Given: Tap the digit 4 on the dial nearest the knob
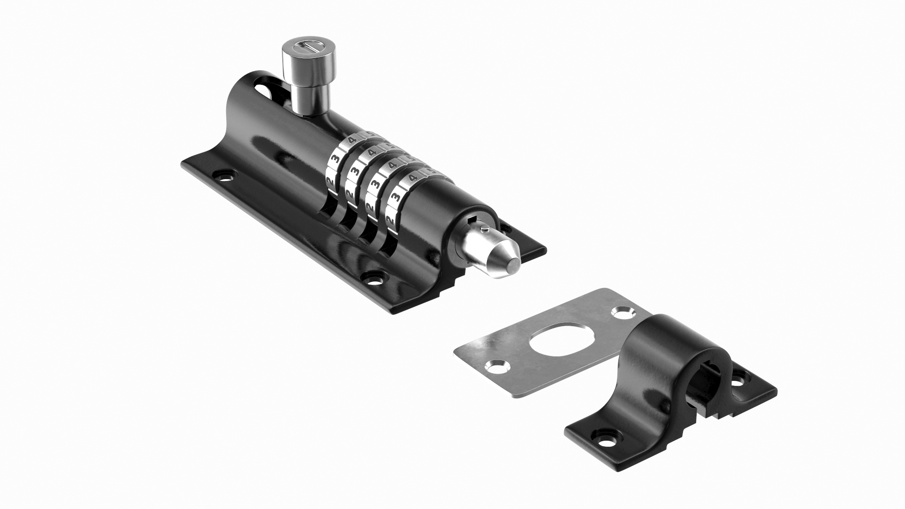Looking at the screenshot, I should [x=352, y=140].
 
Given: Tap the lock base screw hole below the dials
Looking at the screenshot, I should [x=375, y=279].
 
